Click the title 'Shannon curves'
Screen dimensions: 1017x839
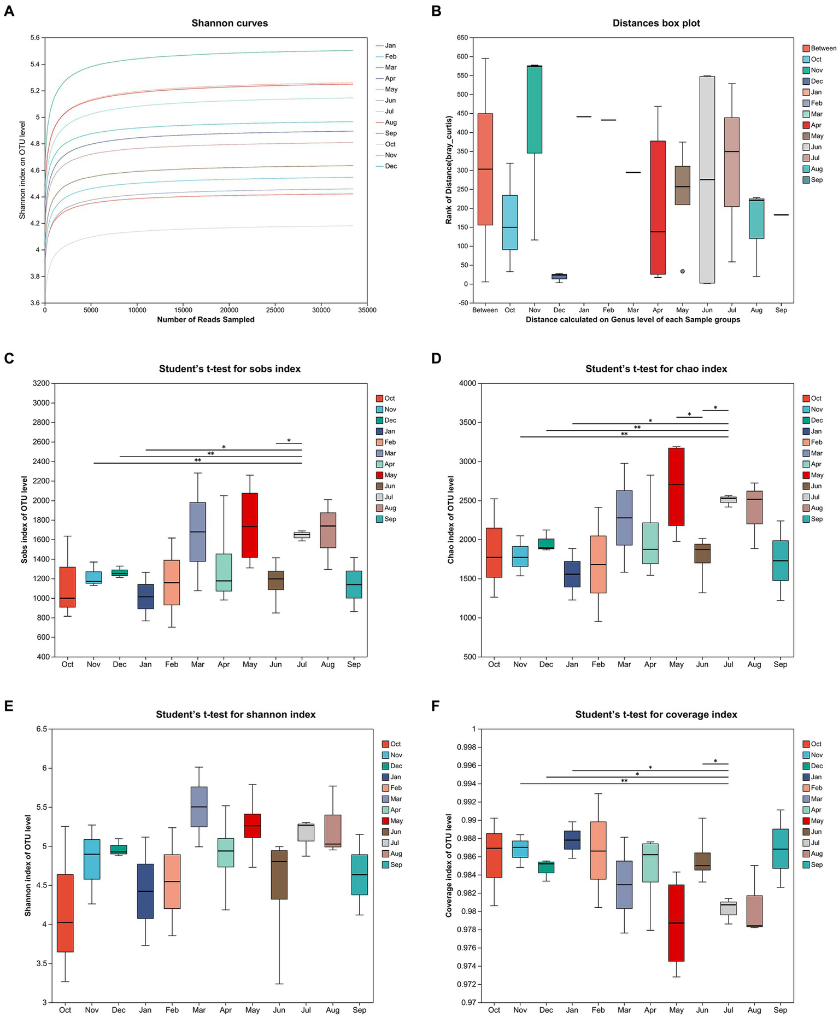click(230, 23)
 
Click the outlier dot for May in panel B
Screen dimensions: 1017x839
click(682, 271)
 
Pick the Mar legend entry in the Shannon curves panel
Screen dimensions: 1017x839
click(390, 67)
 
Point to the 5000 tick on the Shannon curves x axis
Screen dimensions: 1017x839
click(91, 311)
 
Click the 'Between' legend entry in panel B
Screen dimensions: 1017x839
click(823, 48)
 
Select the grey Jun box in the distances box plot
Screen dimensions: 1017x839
click(707, 180)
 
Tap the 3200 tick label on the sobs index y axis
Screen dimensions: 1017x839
click(41, 383)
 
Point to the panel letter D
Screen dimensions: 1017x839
click(436, 358)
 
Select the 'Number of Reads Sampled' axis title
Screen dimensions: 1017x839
click(206, 319)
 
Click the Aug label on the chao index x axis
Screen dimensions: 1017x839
click(754, 664)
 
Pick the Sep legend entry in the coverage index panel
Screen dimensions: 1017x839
click(816, 864)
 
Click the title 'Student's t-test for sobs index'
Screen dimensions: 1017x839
click(230, 369)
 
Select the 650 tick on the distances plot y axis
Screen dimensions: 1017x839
click(462, 38)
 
